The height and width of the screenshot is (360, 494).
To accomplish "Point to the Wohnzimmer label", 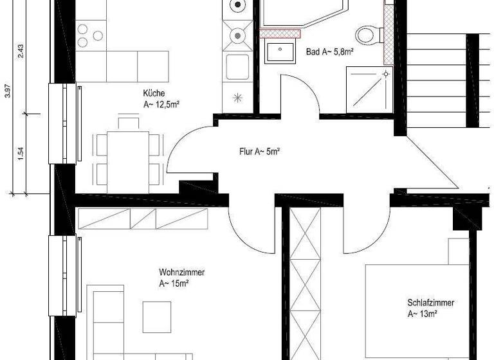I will pyautogui.click(x=182, y=272).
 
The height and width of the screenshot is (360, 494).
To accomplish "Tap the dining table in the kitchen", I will pyautogui.click(x=127, y=157).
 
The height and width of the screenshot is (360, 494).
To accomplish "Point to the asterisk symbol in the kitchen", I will pyautogui.click(x=237, y=98).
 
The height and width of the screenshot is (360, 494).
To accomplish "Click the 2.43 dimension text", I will pyautogui.click(x=21, y=51).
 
